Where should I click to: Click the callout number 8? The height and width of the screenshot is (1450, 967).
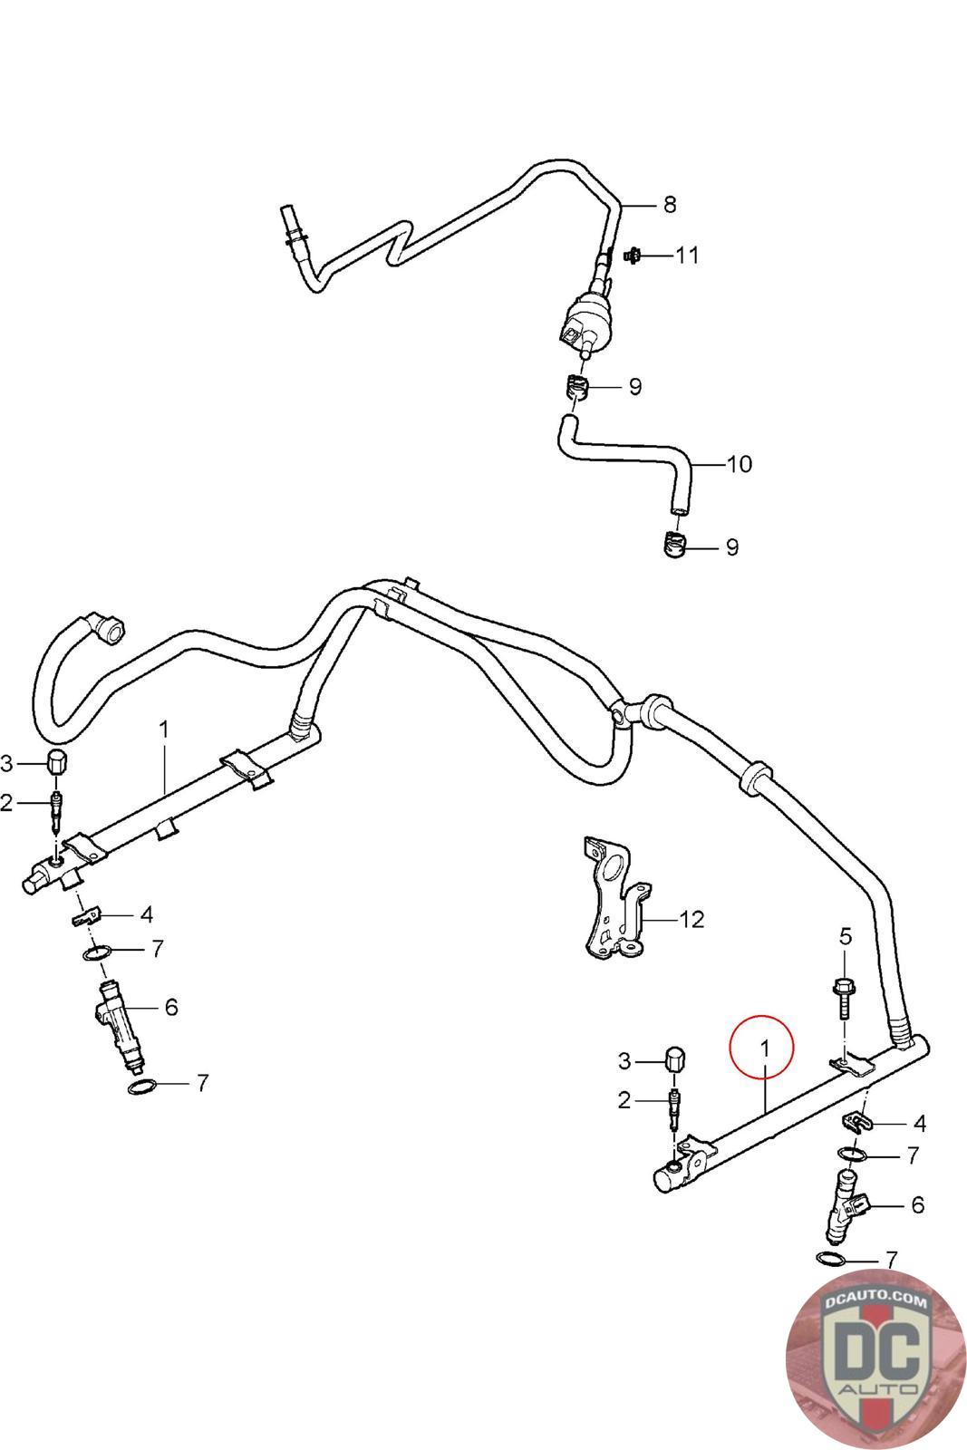coord(670,205)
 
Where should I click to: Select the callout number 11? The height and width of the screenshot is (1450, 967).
coord(687,256)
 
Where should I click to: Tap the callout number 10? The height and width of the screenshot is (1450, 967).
coord(740,464)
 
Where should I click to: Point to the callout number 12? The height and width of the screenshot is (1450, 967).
coord(691,919)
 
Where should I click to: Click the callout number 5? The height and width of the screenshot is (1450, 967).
coord(846,936)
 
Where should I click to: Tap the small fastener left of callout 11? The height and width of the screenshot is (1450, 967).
coord(633,256)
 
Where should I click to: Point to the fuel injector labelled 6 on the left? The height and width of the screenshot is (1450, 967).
coord(121,1025)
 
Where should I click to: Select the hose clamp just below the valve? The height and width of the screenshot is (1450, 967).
coord(574,387)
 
